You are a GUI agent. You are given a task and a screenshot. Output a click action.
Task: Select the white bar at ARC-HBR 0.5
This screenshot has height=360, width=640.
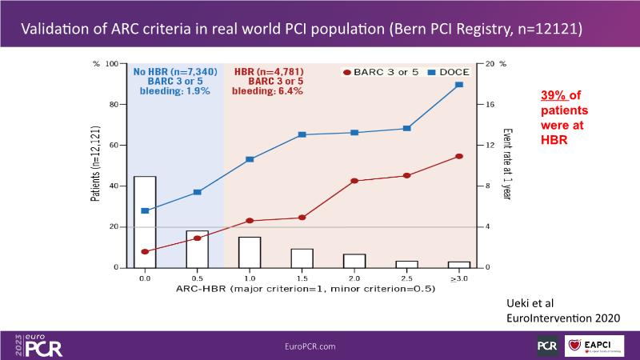point(197,249)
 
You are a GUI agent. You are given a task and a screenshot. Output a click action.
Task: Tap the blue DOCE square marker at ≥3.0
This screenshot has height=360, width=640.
point(459,85)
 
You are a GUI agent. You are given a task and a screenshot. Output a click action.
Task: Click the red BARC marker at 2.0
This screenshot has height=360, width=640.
point(354,181)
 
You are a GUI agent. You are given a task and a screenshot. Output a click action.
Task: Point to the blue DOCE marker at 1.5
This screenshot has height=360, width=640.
point(302,134)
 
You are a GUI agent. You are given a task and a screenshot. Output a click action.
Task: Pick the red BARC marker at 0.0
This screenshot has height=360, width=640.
point(145,252)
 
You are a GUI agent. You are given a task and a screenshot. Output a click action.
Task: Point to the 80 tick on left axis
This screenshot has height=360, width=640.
point(113,104)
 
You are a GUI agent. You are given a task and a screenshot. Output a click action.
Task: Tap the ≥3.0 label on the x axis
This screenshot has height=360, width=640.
point(459,278)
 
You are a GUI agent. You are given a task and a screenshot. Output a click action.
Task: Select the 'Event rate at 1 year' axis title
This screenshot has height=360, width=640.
point(507,164)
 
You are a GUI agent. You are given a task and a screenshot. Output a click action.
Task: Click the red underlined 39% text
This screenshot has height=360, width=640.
point(552,94)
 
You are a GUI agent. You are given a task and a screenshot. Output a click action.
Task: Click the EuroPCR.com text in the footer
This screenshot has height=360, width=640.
point(310,346)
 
